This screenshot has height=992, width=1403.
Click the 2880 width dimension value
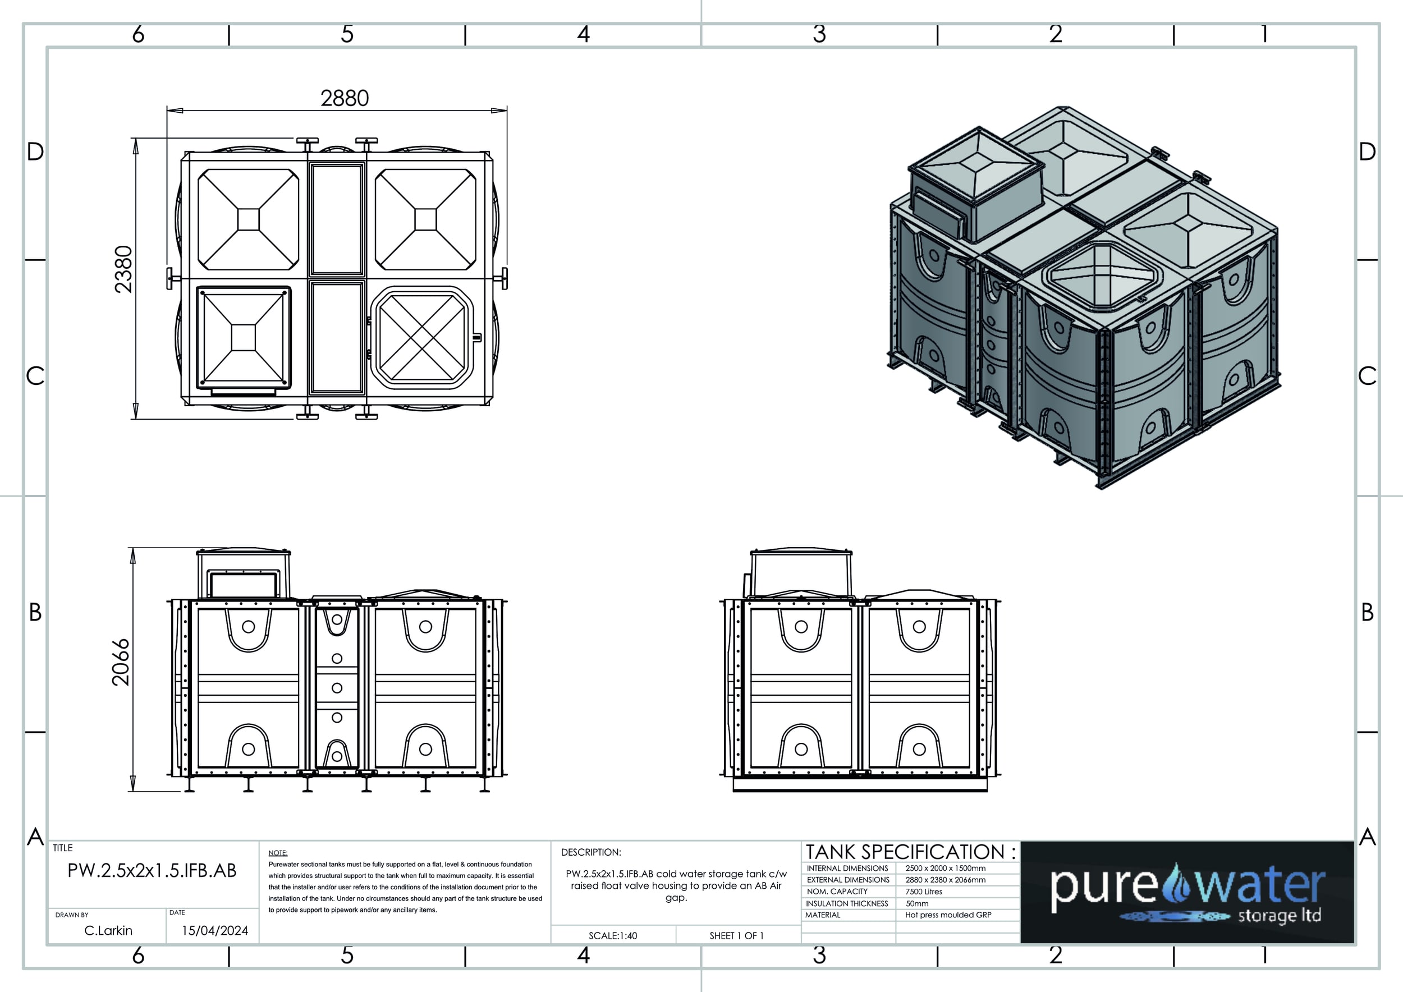point(345,98)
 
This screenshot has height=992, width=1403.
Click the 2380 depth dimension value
point(123,269)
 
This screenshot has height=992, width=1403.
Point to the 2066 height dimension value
point(121,662)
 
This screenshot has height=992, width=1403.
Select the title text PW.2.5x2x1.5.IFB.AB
point(152,870)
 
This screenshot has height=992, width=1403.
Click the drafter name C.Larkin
point(108,930)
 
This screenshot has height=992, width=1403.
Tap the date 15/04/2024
point(215,930)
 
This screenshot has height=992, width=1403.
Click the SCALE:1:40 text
point(613,936)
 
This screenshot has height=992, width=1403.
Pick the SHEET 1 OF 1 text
point(736,936)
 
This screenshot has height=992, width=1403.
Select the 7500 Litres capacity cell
point(924,892)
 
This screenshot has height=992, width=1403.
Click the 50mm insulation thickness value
point(917,903)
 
